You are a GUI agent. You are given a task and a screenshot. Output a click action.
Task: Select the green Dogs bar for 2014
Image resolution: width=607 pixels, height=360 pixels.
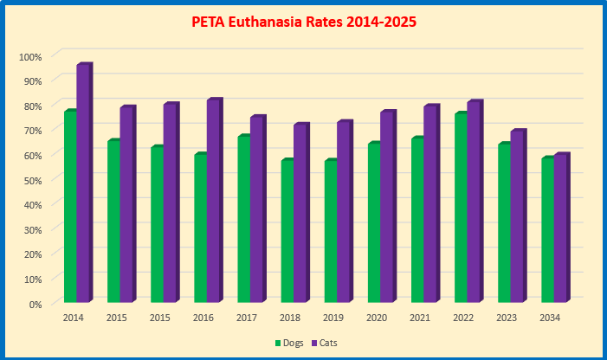pyautogui.click(x=69, y=208)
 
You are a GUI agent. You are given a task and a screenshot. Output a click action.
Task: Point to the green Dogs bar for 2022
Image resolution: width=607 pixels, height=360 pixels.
pyautogui.click(x=460, y=209)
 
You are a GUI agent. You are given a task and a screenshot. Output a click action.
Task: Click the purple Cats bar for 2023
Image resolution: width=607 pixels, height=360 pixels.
pyautogui.click(x=516, y=217)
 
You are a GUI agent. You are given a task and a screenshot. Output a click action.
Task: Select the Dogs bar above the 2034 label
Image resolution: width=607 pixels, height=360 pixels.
pyautogui.click(x=546, y=231)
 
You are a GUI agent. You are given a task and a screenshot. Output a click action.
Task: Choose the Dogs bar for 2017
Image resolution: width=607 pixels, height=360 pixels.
pyautogui.click(x=243, y=220)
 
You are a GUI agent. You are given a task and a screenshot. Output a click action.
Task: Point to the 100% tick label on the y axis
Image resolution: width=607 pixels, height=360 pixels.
pyautogui.click(x=30, y=57)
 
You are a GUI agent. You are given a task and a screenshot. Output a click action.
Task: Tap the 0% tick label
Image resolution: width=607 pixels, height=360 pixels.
pyautogui.click(x=35, y=304)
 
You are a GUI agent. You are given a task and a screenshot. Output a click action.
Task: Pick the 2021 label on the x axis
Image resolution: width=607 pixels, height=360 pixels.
pyautogui.click(x=420, y=318)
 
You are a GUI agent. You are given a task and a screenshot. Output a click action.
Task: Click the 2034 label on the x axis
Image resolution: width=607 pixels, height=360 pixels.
pyautogui.click(x=550, y=318)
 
